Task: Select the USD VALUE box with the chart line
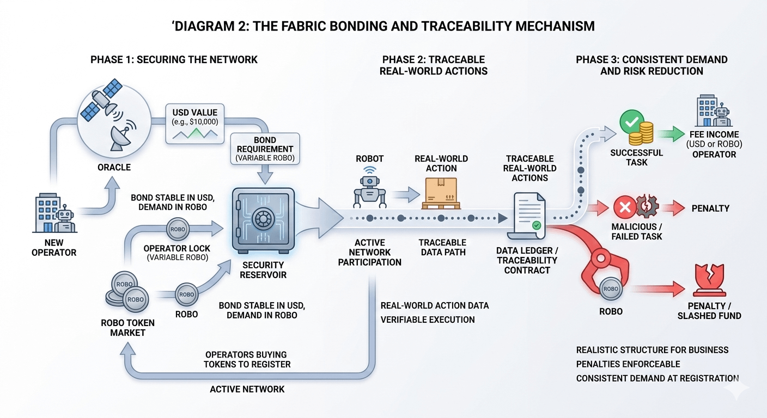[x=195, y=124]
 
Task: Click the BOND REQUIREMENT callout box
[x=265, y=149]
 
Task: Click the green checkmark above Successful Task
[x=632, y=122]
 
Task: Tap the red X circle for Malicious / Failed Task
[x=625, y=207]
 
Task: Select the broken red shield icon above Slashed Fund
[x=709, y=280]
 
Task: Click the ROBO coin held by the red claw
[x=611, y=288]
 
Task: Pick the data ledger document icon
[x=527, y=216]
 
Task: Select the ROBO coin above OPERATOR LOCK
[x=178, y=229]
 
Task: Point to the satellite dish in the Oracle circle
[x=122, y=136]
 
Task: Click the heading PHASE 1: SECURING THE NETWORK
[x=174, y=59]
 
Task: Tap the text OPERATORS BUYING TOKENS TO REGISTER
[x=247, y=360]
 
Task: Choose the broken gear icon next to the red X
[x=647, y=206]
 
